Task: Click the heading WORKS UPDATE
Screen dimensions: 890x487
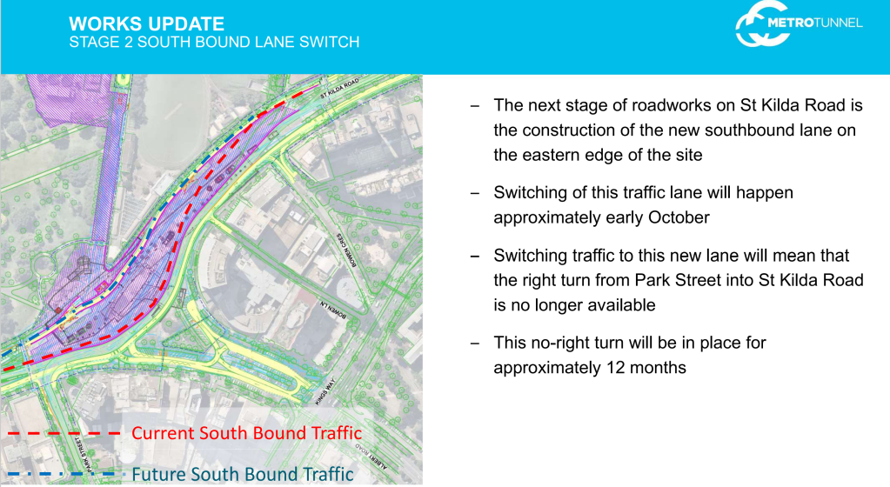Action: pos(146,23)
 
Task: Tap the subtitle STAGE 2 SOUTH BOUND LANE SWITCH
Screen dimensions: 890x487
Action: pos(214,42)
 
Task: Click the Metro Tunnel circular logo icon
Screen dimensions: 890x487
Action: pos(761,24)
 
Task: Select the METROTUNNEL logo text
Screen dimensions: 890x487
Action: pos(814,23)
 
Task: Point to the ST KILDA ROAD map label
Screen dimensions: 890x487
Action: pos(339,89)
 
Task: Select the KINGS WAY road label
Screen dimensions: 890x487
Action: pos(325,391)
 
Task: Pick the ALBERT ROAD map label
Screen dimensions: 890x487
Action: pos(371,457)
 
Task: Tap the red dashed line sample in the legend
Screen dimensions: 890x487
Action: pos(64,434)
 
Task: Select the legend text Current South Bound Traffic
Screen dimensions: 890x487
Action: pos(246,433)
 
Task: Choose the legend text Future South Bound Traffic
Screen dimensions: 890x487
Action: pos(243,474)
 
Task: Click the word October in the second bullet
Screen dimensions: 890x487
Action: pos(679,218)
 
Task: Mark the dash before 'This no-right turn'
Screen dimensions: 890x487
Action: pos(475,343)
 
